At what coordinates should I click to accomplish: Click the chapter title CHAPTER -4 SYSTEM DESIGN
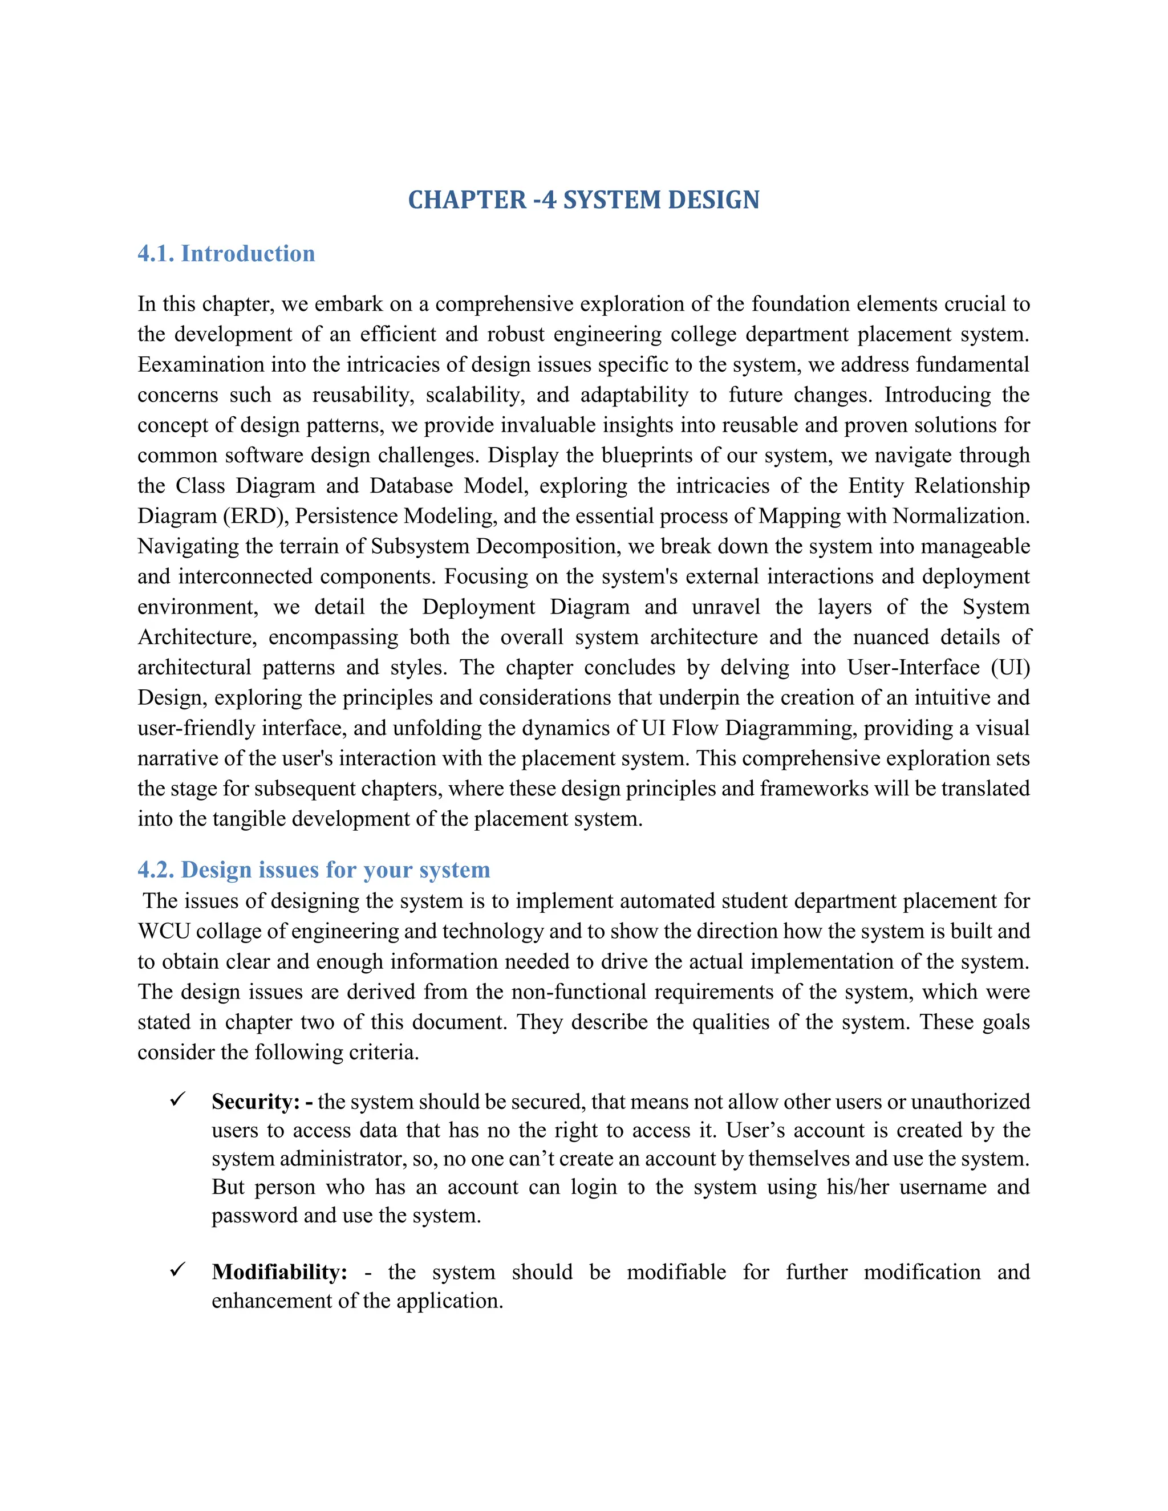tap(583, 200)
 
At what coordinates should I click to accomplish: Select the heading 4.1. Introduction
tap(226, 253)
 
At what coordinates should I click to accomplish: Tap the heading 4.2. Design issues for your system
tap(314, 869)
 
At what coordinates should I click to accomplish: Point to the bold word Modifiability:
tap(279, 1272)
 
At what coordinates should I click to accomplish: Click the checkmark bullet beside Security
tap(178, 1099)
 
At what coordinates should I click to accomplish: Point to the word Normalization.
tap(960, 516)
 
